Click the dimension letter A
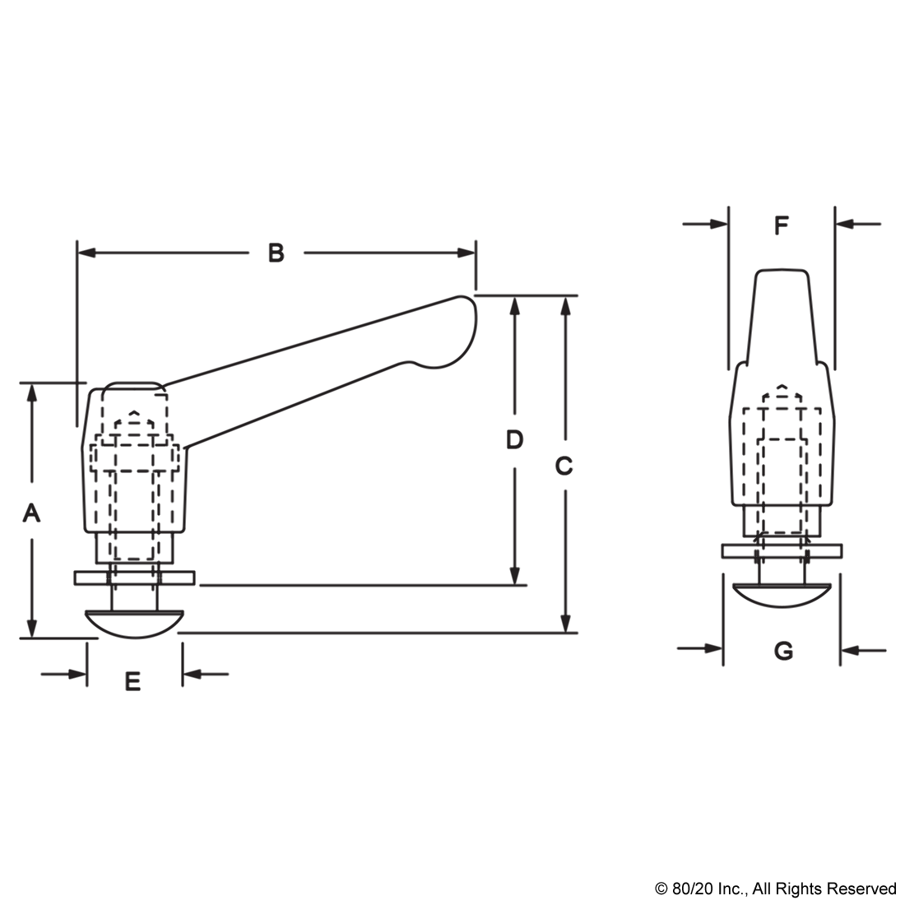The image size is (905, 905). pos(31,513)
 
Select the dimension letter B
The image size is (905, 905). pos(276,253)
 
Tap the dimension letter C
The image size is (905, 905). pos(564,466)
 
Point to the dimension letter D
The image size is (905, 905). pos(514,440)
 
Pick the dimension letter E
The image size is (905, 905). pos(132,682)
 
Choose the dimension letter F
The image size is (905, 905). pos(781,225)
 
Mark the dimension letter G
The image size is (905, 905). pos(783,651)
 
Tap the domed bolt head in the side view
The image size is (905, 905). pos(134,624)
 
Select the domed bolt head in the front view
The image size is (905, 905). pos(782,596)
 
